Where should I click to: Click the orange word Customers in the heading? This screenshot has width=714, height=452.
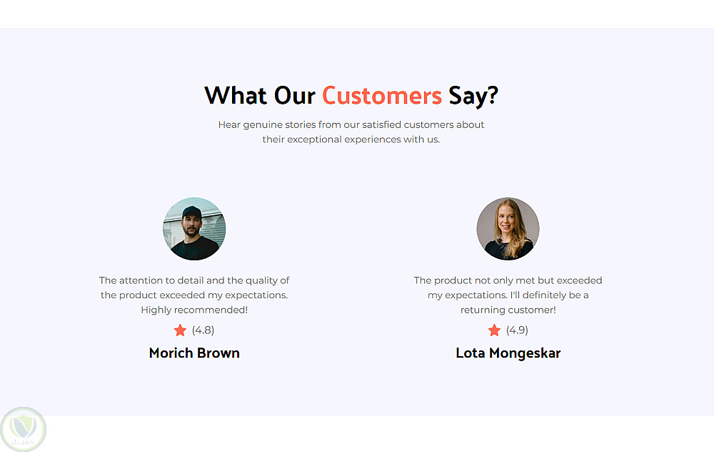[x=381, y=96]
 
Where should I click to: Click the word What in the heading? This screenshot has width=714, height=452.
[x=236, y=96]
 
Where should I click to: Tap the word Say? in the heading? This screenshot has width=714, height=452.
[x=473, y=97]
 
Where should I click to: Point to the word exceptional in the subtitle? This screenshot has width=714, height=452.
[x=314, y=139]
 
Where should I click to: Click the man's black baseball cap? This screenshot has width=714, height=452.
[x=191, y=212]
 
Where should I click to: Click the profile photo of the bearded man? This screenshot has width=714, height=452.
[x=194, y=229]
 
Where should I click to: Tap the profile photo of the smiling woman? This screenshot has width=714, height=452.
[x=508, y=229]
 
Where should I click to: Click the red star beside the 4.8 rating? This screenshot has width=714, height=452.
[x=181, y=330]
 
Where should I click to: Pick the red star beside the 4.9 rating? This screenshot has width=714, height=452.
[x=495, y=330]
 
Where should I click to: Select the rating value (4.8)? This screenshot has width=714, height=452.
[x=203, y=330]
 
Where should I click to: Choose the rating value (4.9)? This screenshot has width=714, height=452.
[x=517, y=330]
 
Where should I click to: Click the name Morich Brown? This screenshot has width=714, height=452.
[x=194, y=353]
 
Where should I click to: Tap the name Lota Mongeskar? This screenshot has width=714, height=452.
[x=508, y=353]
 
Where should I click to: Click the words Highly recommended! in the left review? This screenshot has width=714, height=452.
[x=194, y=310]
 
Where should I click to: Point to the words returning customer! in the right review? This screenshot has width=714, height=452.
[x=508, y=310]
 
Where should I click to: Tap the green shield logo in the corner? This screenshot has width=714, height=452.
[x=24, y=429]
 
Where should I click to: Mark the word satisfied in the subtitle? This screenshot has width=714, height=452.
[x=381, y=125]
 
